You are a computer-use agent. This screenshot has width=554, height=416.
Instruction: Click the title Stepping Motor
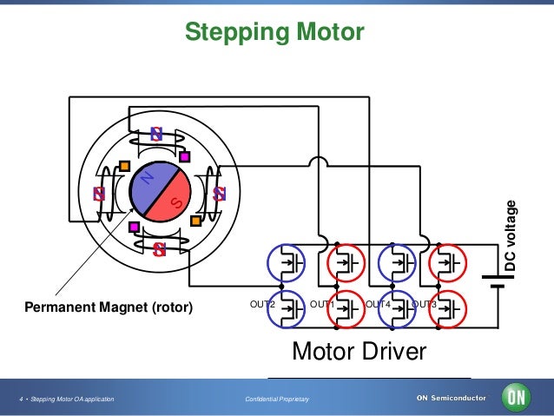coord(274,33)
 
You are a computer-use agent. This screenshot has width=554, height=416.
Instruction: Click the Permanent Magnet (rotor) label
coord(109,307)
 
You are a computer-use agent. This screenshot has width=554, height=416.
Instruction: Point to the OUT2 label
coord(261,304)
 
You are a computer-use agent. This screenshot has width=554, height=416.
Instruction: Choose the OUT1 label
coord(322,304)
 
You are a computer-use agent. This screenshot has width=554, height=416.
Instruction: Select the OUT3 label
coord(424,304)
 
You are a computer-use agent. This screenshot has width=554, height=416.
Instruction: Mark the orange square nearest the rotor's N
coord(125,166)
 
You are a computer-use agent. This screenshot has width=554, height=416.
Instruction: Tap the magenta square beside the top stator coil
coord(185,157)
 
